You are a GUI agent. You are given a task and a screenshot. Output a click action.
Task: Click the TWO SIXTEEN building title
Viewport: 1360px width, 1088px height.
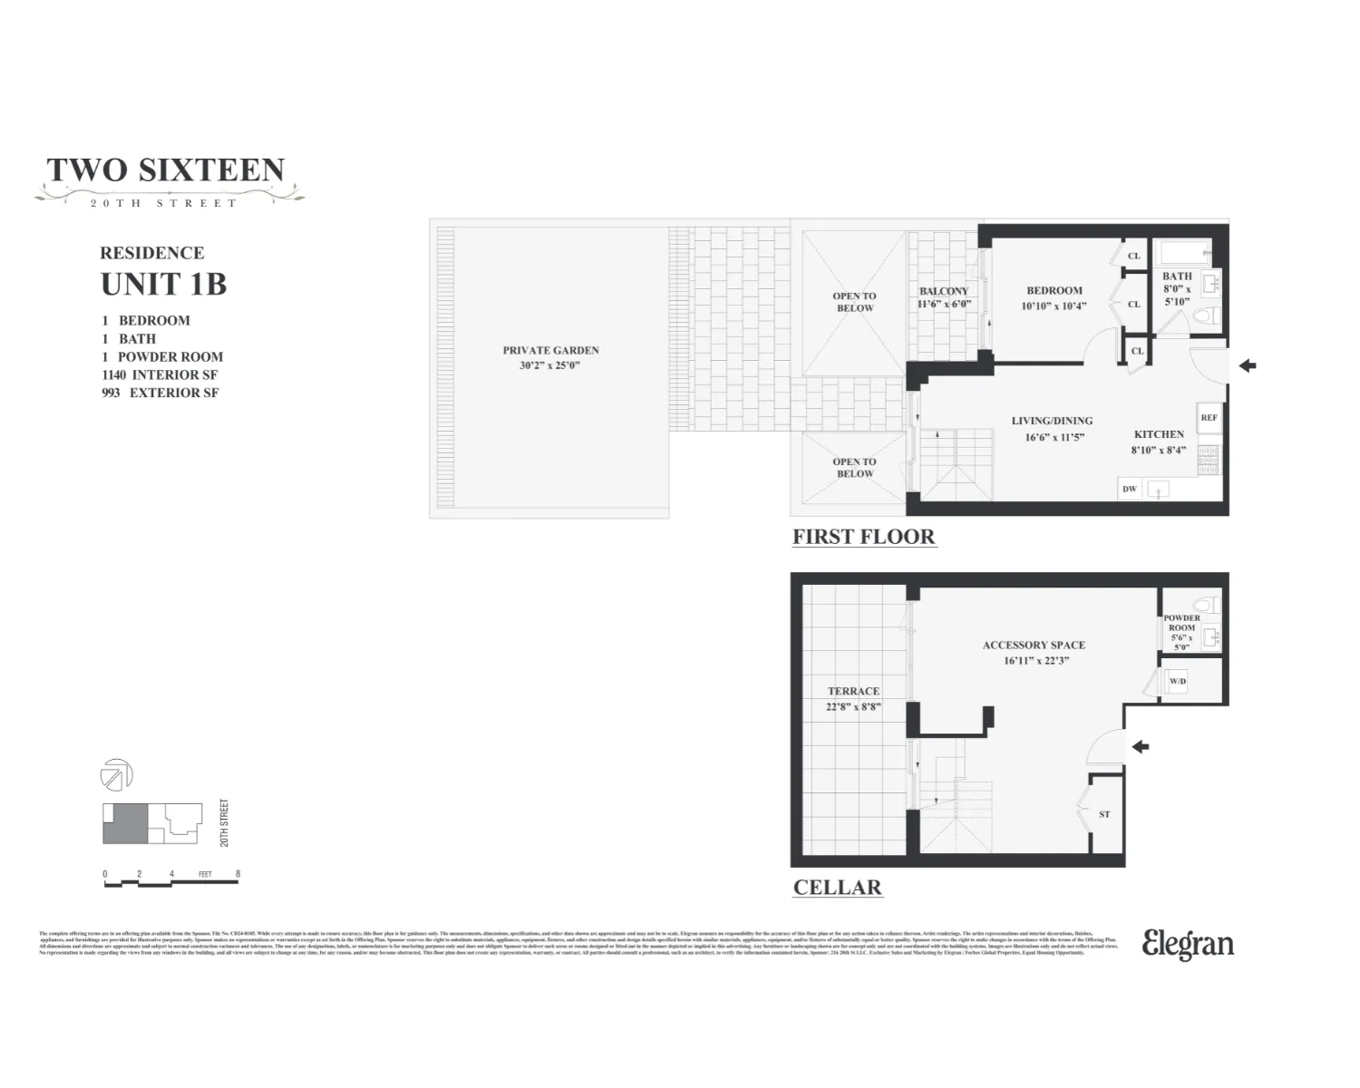coord(166,170)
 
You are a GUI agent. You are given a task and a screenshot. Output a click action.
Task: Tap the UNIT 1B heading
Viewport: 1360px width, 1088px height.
coord(163,284)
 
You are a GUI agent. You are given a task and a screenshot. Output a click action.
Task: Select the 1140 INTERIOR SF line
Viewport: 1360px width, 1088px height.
coord(160,374)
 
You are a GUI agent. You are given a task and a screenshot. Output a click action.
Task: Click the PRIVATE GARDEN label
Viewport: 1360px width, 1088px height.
coord(550,350)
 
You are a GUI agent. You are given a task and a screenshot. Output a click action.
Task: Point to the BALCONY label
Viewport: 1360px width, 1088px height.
coord(944,292)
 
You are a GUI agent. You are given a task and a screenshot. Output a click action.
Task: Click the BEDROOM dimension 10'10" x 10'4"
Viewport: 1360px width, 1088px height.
coord(1054,306)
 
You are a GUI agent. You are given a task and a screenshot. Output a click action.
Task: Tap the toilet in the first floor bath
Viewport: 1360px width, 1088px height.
coord(1203,317)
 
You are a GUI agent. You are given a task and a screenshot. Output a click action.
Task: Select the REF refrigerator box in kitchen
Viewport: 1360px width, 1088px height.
coord(1209,418)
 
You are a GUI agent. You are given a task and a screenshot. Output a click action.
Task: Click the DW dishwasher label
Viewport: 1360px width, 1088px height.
coord(1130,490)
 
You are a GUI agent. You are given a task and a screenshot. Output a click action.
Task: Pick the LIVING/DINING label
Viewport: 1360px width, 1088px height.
coord(1052,421)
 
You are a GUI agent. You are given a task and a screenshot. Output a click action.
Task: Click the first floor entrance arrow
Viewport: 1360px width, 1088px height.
coord(1248,366)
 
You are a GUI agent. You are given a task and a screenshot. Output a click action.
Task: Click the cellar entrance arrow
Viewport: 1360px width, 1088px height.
coord(1141,747)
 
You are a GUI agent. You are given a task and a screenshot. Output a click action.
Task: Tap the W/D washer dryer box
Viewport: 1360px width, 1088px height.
coord(1177,682)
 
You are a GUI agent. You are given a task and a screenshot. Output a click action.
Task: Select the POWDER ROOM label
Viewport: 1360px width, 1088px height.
coord(1181,623)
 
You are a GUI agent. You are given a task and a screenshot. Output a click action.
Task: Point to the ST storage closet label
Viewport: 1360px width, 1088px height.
coord(1104,814)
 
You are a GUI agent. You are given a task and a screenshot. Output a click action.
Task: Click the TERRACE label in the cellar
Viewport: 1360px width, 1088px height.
coord(853,691)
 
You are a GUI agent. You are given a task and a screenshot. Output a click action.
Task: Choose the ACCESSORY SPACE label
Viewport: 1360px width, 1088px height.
coord(1034,646)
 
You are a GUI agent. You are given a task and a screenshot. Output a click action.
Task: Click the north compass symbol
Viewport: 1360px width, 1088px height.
coord(116,775)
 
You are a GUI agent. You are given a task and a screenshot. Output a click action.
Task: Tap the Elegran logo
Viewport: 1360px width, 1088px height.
coord(1188,944)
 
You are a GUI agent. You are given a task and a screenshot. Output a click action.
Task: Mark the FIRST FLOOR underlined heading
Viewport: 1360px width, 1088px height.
coord(863,537)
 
